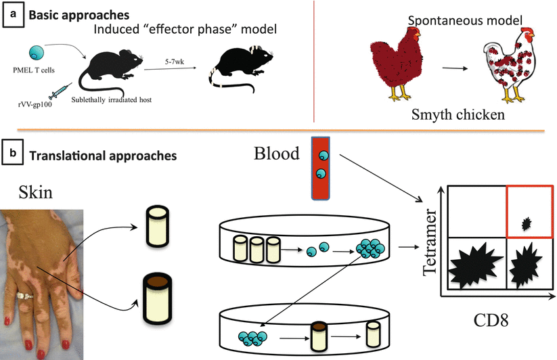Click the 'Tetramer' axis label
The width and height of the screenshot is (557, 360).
(424, 244)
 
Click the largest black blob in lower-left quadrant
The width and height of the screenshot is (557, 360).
(473, 267)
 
